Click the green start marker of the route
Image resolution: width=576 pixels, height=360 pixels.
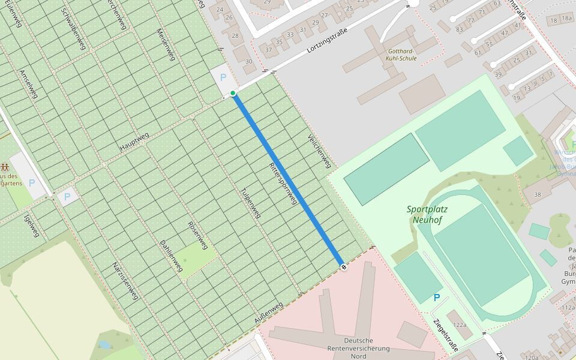click(233, 93)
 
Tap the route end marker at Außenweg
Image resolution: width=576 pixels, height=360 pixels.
click(343, 267)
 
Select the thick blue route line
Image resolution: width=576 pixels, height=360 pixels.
click(288, 180)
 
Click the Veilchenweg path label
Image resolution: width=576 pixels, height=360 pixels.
click(319, 151)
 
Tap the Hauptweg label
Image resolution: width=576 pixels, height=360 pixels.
click(133, 141)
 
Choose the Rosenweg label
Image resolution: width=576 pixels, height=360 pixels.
click(197, 235)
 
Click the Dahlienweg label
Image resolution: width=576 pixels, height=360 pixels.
click(171, 256)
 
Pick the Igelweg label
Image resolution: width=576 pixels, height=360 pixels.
click(31, 224)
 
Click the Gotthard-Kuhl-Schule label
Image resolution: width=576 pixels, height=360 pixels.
click(401, 55)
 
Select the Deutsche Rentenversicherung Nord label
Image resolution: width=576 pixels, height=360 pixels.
click(359, 348)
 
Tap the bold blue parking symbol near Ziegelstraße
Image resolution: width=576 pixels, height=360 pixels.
click(437, 298)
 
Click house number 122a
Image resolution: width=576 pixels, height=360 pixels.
click(460, 325)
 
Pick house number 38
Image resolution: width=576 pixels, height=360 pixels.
click(538, 194)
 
